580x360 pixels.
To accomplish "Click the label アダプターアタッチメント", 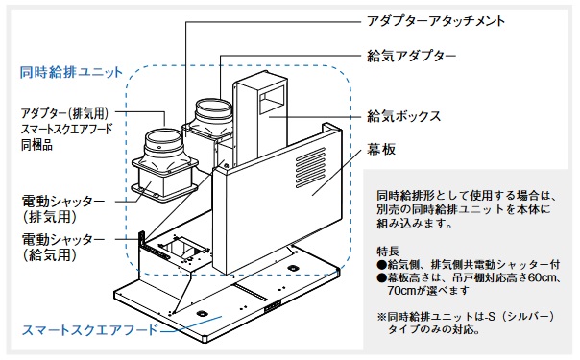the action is coord(436,21).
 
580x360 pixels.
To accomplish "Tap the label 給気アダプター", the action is coord(411,57).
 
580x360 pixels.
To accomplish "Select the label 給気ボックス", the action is coord(404,116).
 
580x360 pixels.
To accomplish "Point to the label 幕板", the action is coord(381,150).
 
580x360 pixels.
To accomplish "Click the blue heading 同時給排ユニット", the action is coord(71,72).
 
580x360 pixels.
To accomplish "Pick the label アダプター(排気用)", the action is coord(65,113).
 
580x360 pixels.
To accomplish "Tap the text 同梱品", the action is coord(36,145).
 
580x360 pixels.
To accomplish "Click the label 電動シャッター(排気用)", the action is coord(63,209).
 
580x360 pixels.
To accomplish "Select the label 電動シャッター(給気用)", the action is coord(63,247).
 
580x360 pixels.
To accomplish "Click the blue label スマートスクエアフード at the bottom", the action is coord(90,330).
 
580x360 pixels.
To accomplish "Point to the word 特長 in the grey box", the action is coord(388,252).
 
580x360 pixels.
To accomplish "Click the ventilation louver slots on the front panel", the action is coord(310,167).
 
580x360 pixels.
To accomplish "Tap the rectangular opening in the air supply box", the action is coord(273,101).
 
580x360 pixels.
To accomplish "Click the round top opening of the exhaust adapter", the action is coord(163,138).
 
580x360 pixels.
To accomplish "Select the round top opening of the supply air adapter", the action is coord(213,108).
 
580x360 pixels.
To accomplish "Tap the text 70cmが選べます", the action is coord(428,291).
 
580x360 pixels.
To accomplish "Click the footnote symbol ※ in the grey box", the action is coord(382,317).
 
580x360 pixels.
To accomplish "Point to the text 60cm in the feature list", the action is coord(541,277).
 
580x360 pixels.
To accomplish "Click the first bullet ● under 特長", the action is coord(382,265).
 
